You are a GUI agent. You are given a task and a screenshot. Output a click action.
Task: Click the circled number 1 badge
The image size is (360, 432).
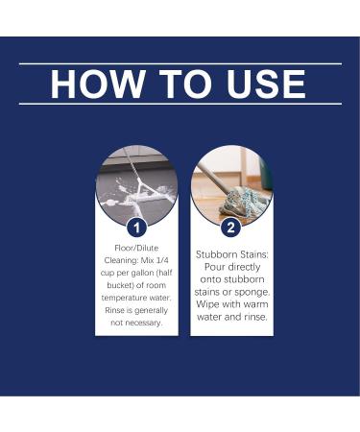point(136,228)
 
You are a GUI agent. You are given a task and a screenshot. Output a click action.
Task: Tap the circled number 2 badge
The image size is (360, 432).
point(230,228)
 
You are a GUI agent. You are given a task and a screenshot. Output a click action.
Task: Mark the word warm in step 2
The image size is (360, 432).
point(250,304)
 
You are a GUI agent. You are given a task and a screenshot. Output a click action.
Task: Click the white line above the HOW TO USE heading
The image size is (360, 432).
point(180,64)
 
